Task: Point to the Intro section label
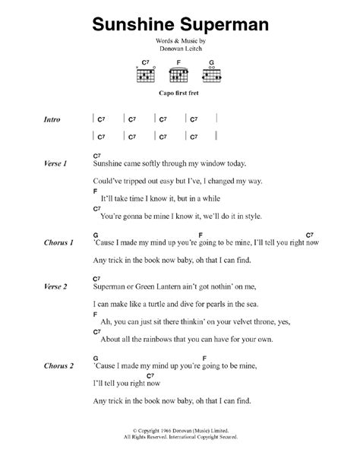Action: coord(53,120)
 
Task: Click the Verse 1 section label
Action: coord(55,164)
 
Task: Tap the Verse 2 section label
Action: coord(55,286)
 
